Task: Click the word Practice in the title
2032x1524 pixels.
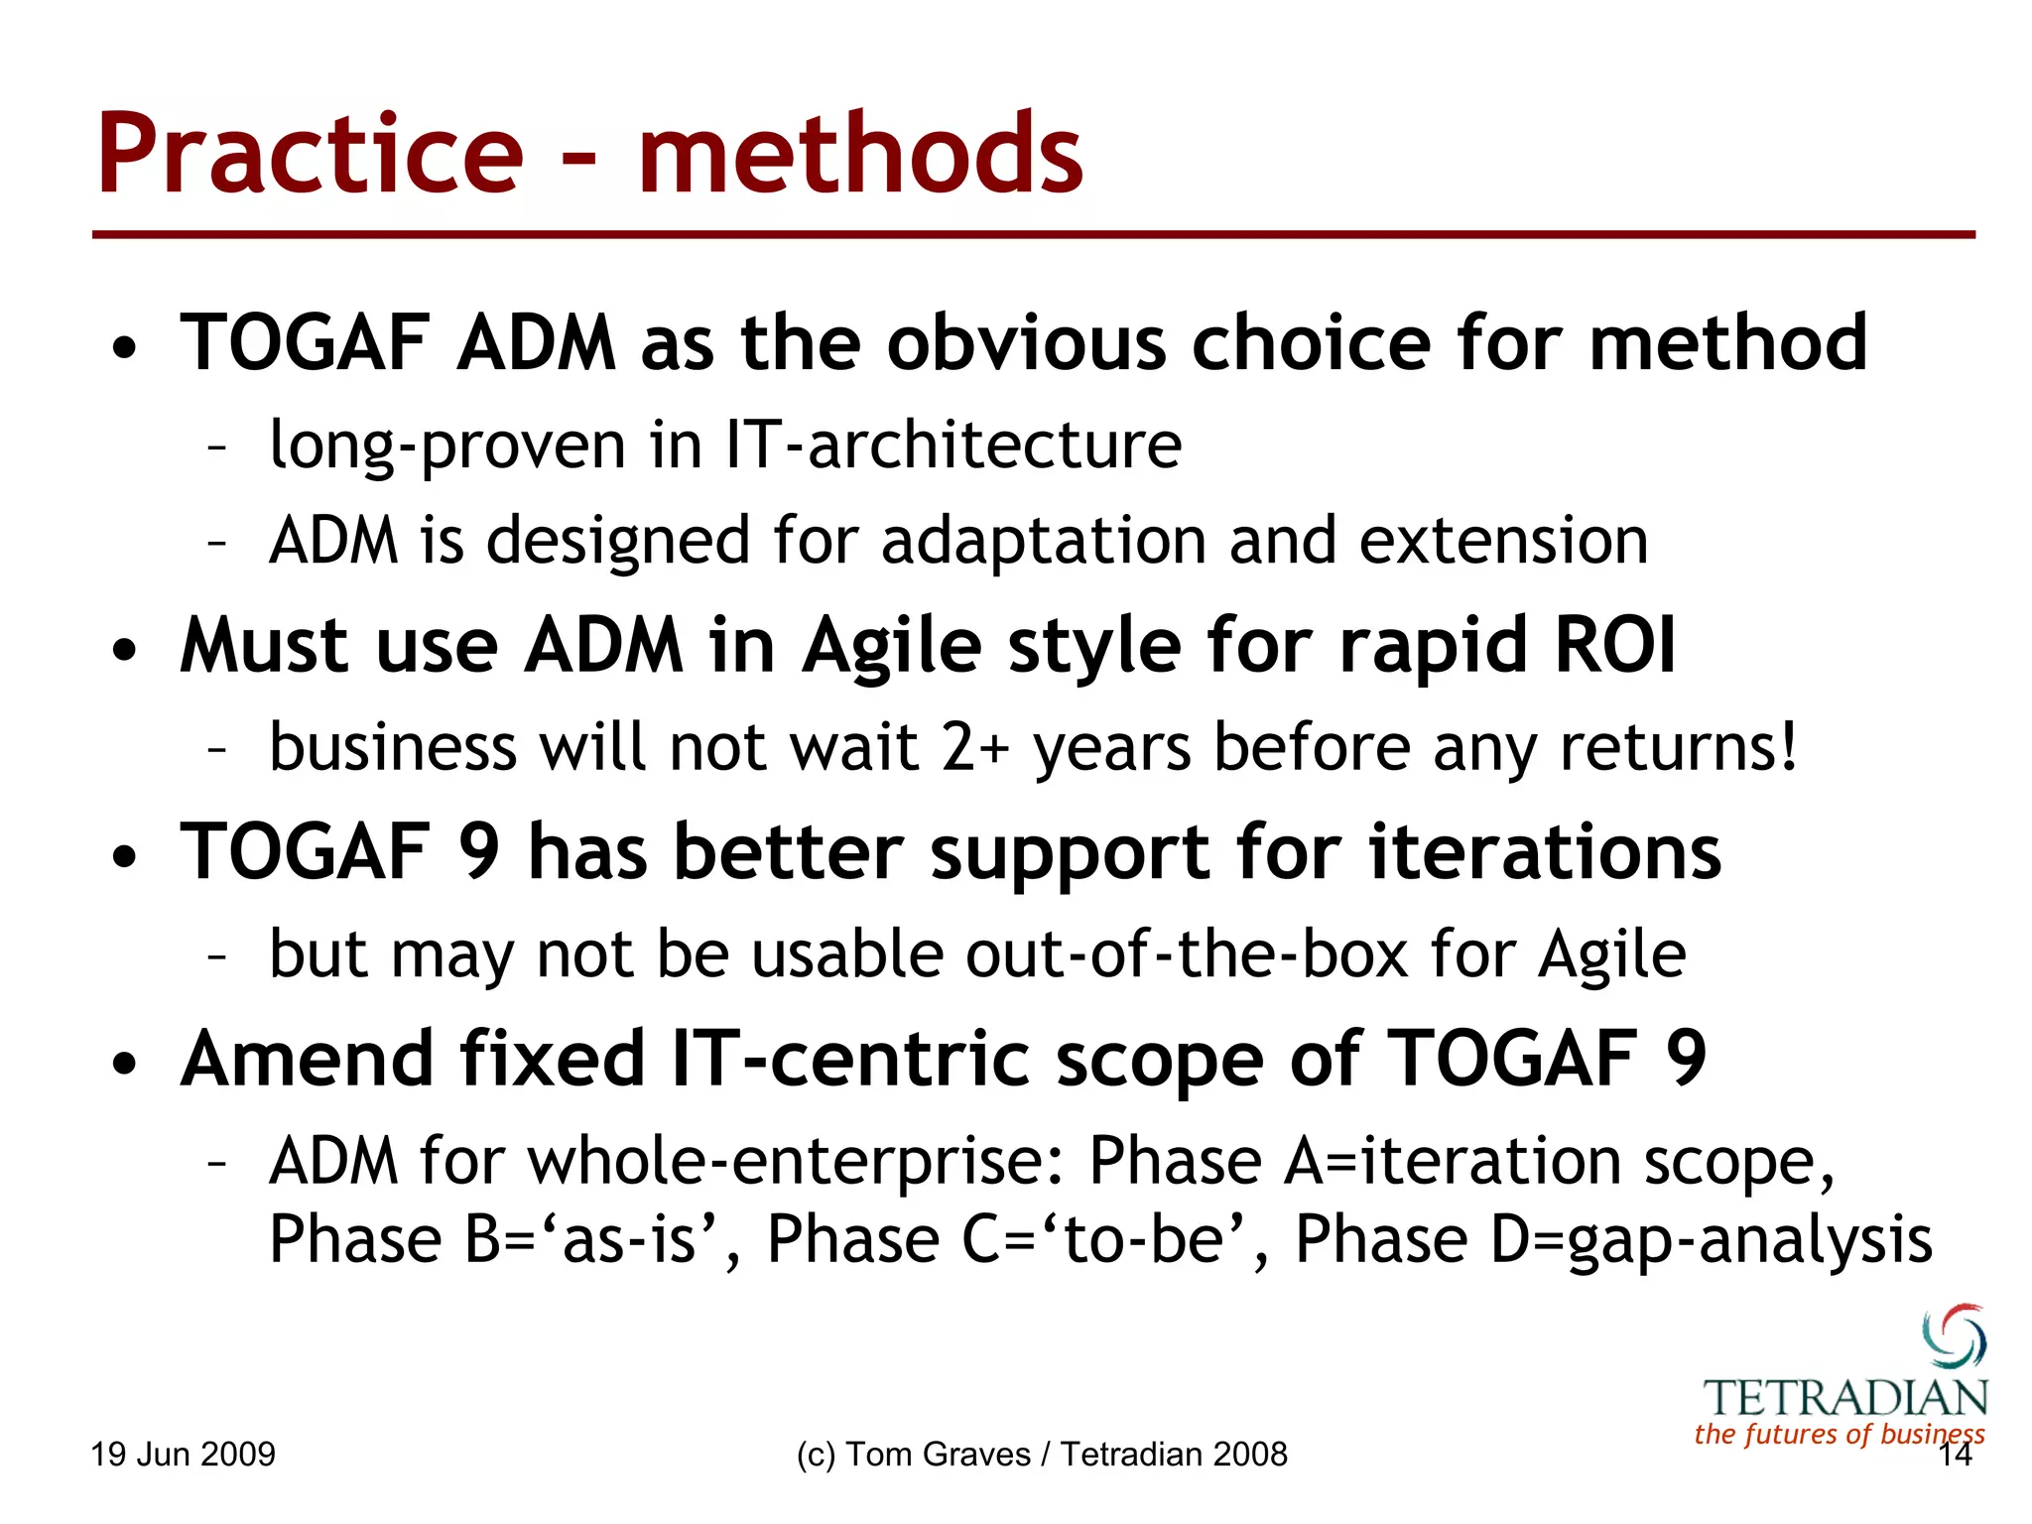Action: [x=310, y=156]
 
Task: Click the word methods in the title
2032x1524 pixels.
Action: [x=860, y=156]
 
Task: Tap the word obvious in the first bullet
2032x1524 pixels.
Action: [x=1026, y=342]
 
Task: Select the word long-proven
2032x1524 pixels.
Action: [x=447, y=445]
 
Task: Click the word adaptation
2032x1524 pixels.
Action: [x=1043, y=542]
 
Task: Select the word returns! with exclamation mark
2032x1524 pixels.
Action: [x=1679, y=747]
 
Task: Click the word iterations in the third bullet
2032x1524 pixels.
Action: [x=1545, y=853]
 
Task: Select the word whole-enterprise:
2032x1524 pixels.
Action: [x=796, y=1161]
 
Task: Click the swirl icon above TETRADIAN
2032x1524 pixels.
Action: [x=1954, y=1336]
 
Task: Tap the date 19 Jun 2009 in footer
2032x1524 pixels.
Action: [x=183, y=1455]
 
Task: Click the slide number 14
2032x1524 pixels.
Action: [x=1955, y=1456]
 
